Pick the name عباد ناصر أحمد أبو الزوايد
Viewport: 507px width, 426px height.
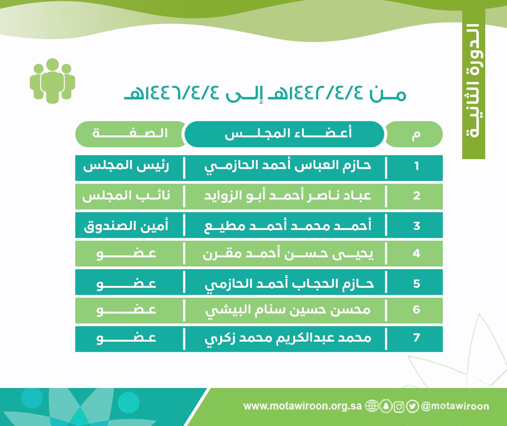click(288, 196)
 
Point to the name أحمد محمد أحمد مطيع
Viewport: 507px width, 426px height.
click(288, 226)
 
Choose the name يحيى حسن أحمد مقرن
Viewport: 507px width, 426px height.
click(288, 254)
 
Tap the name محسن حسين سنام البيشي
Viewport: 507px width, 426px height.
click(288, 311)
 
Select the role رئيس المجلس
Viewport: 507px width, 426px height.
click(126, 166)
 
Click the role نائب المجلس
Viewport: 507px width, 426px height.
click(126, 196)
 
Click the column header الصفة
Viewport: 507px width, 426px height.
click(130, 134)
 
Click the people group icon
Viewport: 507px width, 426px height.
click(52, 81)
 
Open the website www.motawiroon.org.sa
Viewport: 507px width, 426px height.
click(302, 406)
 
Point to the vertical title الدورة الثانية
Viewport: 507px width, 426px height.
click(474, 81)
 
